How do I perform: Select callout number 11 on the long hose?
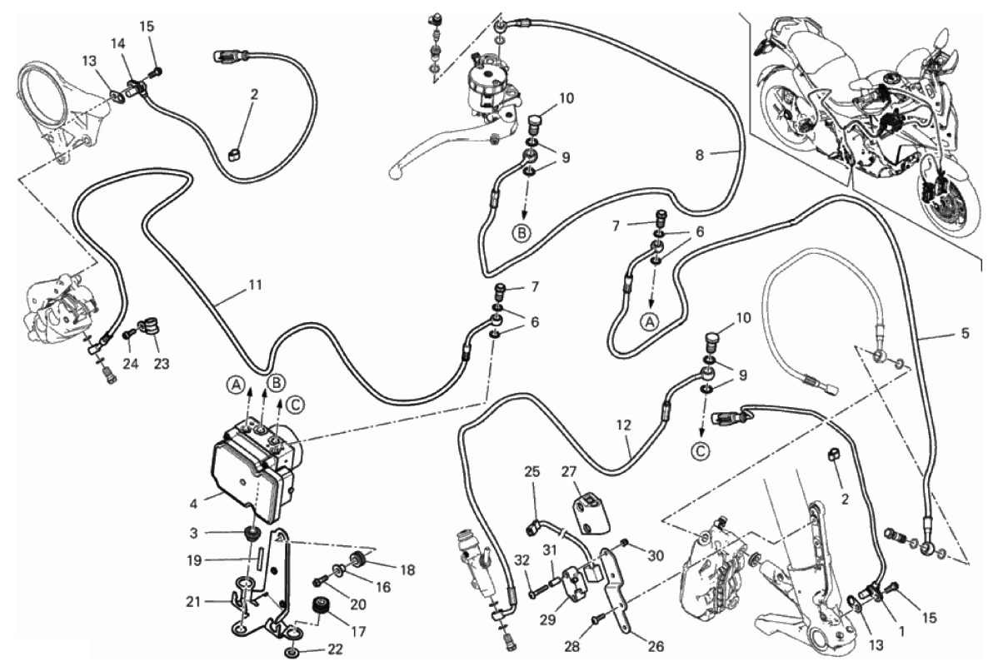click(255, 285)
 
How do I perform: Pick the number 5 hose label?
click(965, 334)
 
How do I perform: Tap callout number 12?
click(624, 425)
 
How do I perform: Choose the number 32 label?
click(521, 559)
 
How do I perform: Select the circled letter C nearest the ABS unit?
click(295, 405)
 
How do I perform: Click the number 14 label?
click(118, 42)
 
